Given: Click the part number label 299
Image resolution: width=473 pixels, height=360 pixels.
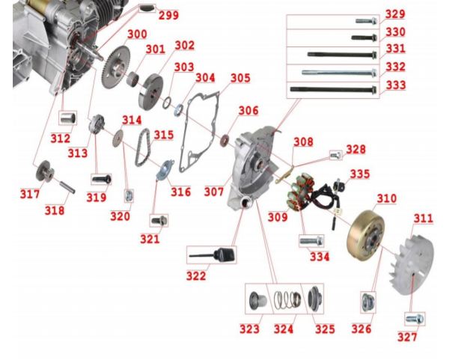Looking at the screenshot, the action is [x=168, y=15].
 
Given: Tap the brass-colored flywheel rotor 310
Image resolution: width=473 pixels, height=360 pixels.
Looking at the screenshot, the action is [x=366, y=235].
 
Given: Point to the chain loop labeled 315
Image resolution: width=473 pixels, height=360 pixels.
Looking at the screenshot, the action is [x=142, y=147].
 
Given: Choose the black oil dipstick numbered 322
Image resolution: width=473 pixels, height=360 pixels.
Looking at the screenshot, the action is [x=212, y=255].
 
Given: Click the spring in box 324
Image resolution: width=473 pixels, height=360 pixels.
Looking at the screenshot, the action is [x=287, y=299].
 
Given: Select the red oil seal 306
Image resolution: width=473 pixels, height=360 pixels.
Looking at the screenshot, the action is [x=225, y=140].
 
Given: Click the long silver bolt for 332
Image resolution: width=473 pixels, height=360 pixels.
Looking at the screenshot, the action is [x=339, y=73].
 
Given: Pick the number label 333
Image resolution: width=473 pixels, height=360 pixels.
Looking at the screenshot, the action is [x=396, y=85].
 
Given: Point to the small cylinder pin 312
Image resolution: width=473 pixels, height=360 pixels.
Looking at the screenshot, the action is [x=67, y=118].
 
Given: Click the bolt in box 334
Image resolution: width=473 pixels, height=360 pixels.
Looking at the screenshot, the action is [x=311, y=241].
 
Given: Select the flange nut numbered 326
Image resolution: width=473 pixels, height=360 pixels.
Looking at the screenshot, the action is [x=368, y=302].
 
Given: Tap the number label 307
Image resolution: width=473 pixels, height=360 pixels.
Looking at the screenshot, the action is [x=214, y=192].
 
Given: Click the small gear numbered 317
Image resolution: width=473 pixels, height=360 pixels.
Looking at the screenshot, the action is [x=44, y=171].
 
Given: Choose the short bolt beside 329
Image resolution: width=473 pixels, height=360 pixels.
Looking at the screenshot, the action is [x=366, y=21].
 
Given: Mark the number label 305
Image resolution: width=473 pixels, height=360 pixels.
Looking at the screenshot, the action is [x=240, y=78].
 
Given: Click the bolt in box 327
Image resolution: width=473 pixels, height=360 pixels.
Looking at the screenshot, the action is [x=415, y=319].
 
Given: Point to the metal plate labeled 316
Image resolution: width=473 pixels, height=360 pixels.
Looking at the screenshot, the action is [x=165, y=171].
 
